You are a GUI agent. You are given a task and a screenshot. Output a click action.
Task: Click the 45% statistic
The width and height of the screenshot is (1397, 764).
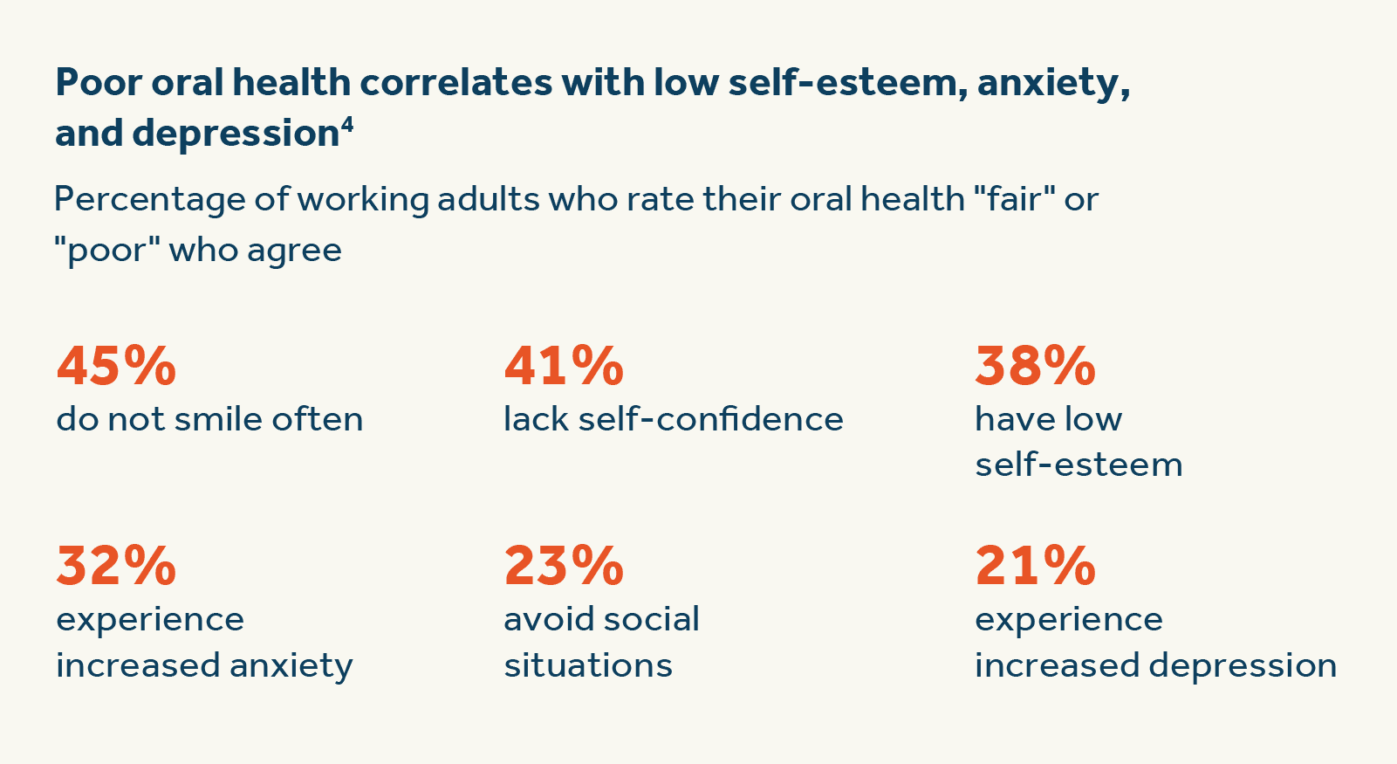tap(116, 366)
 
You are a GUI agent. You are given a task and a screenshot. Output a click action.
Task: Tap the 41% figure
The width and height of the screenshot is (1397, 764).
tap(564, 366)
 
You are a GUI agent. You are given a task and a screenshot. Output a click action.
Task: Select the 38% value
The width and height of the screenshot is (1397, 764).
tap(1035, 366)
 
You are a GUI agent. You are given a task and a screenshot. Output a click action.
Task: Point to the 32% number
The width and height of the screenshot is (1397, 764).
tap(116, 566)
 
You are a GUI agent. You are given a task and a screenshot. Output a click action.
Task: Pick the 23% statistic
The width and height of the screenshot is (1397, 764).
tap(564, 566)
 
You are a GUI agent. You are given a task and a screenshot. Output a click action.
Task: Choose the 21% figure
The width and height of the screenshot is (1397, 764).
tap(1035, 566)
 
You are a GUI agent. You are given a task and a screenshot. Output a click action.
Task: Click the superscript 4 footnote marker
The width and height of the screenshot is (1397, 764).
tap(347, 125)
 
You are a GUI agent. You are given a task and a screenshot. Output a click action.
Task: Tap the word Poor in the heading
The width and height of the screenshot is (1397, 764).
tap(99, 83)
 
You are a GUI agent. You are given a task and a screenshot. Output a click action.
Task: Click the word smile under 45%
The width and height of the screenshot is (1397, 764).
tap(217, 420)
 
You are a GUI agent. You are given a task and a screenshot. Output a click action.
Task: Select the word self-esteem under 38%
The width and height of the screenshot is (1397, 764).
tap(1079, 465)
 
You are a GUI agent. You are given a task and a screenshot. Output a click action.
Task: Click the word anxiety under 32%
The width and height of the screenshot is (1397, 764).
tap(291, 666)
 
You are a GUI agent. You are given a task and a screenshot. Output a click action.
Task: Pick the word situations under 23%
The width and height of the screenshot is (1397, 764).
tap(588, 666)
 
